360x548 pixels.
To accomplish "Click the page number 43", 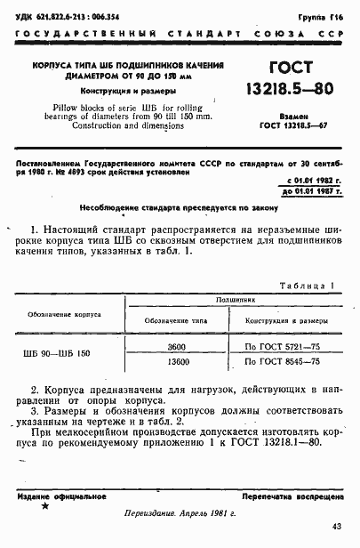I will [336, 528].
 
